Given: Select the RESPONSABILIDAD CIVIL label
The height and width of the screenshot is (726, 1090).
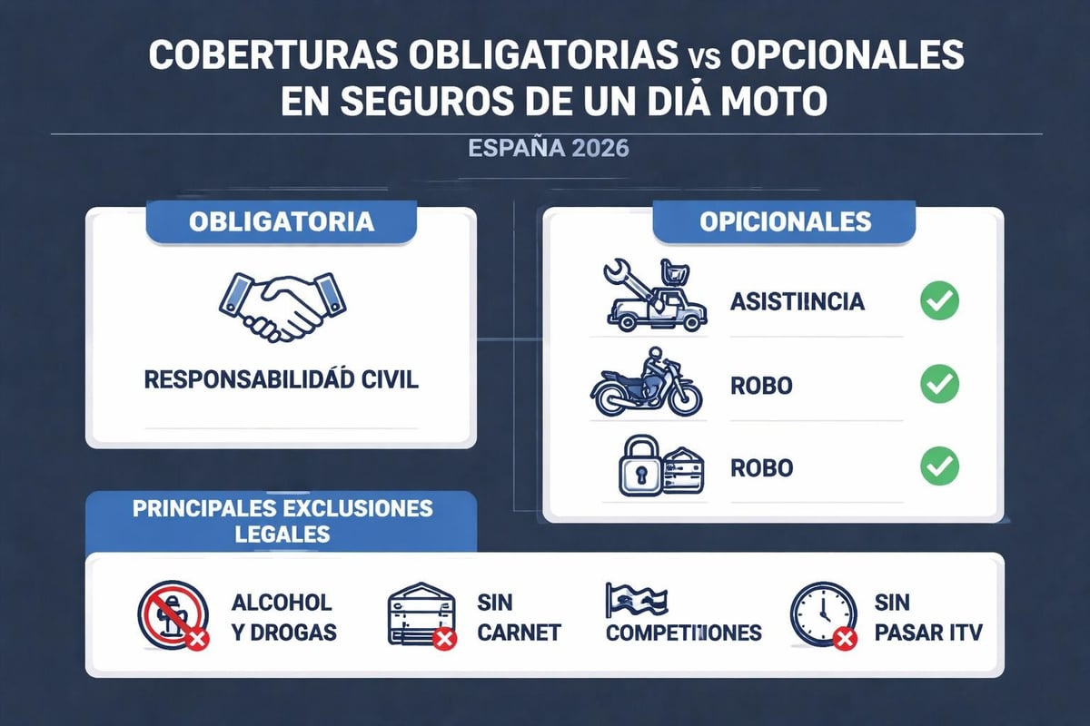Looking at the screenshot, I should click(x=281, y=379).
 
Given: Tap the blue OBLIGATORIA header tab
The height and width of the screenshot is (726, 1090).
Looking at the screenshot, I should click(x=281, y=222).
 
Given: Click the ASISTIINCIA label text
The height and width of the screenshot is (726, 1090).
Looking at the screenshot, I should click(x=798, y=302).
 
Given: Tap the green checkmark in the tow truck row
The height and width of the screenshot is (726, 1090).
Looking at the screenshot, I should click(x=939, y=301).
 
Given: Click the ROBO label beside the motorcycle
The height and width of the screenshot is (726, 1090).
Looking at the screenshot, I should click(x=761, y=386).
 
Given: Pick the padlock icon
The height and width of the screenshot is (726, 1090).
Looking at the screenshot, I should click(x=641, y=468).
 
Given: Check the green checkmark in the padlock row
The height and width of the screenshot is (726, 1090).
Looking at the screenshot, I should click(x=939, y=467).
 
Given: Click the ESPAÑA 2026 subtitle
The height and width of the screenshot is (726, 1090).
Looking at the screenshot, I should click(x=548, y=149).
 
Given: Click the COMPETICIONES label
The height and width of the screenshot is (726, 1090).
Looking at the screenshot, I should click(x=683, y=633).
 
